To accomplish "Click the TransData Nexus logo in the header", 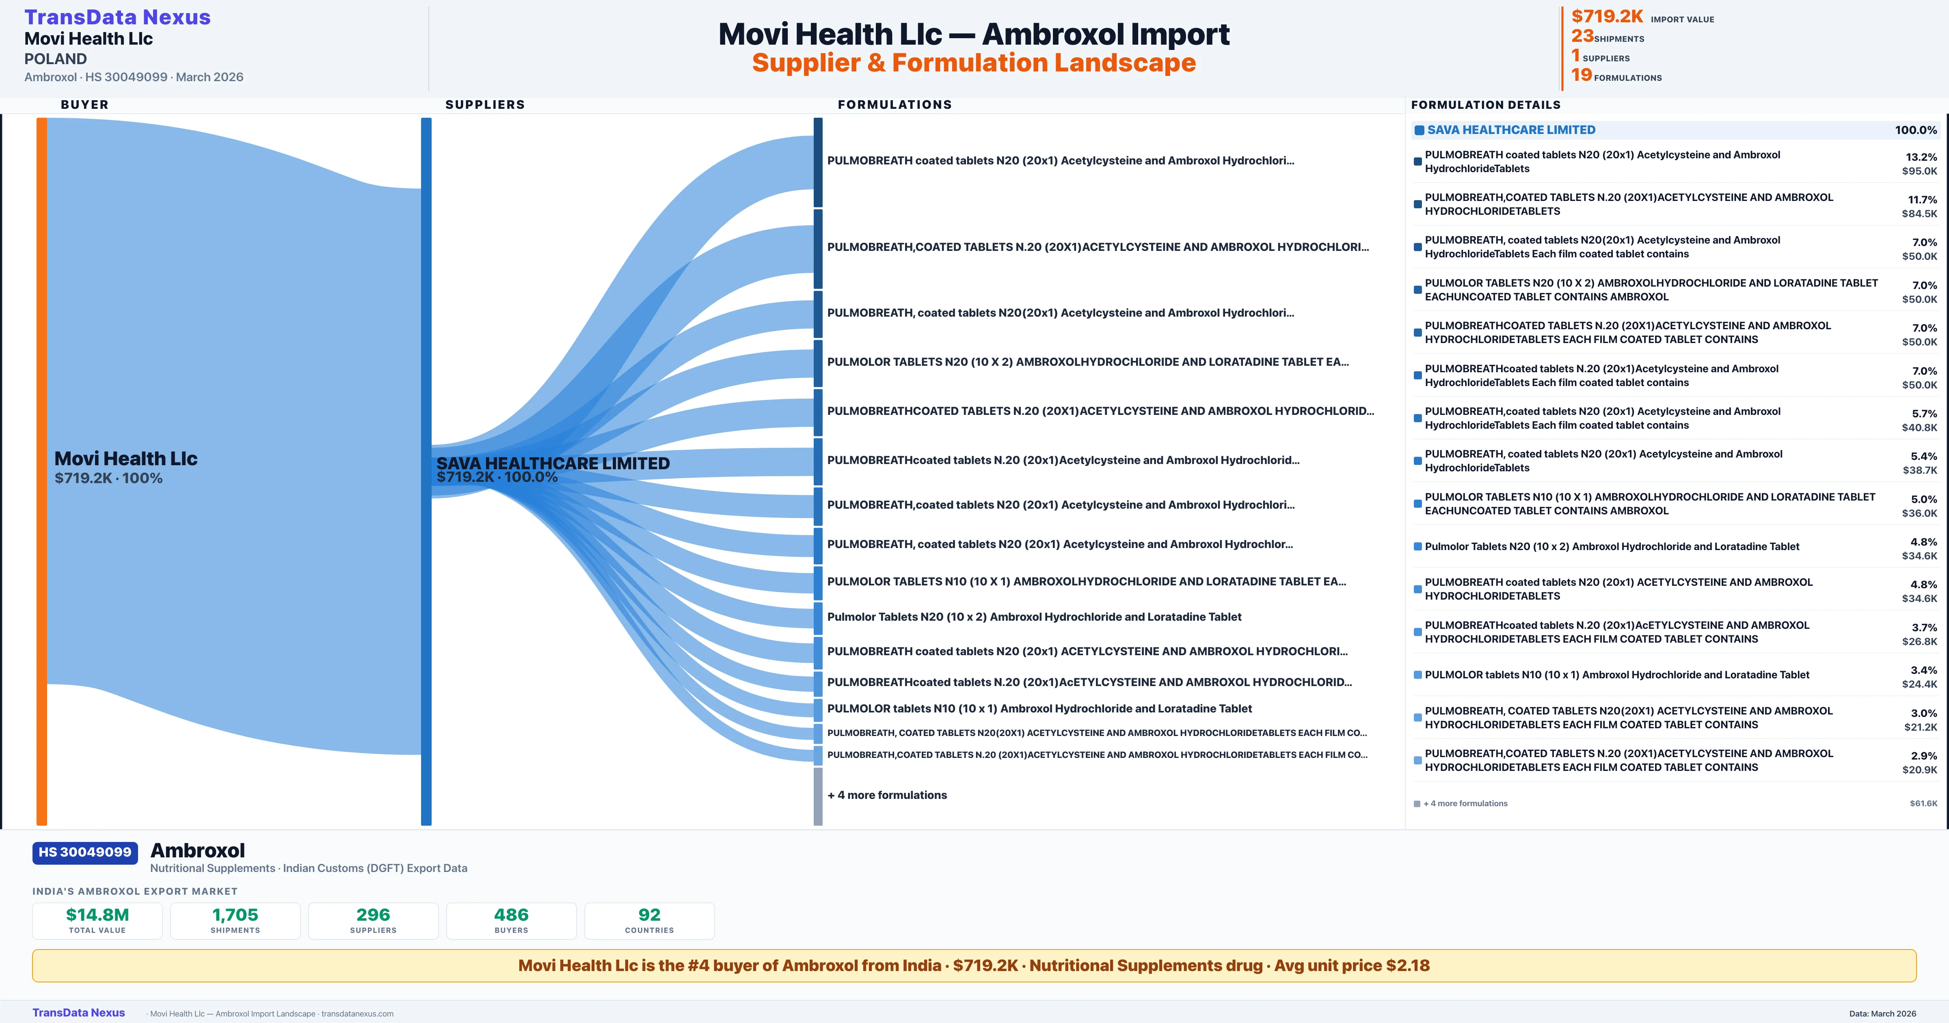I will [117, 17].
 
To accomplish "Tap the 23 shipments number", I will [1581, 36].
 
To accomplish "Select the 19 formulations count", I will [1581, 75].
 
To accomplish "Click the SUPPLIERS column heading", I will [484, 104].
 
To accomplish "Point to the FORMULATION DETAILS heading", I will [1485, 104].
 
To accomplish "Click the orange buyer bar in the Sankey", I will [41, 469].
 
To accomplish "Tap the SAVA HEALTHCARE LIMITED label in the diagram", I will [552, 463].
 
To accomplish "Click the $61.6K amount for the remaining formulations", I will [1923, 803].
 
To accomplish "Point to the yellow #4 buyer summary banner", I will [974, 965].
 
